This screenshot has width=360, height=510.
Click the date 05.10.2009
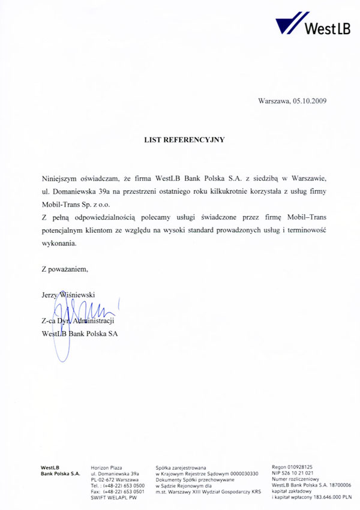tap(310, 102)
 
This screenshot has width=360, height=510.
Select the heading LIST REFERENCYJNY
tap(184, 140)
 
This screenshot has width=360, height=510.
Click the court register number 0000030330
tap(238, 473)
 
